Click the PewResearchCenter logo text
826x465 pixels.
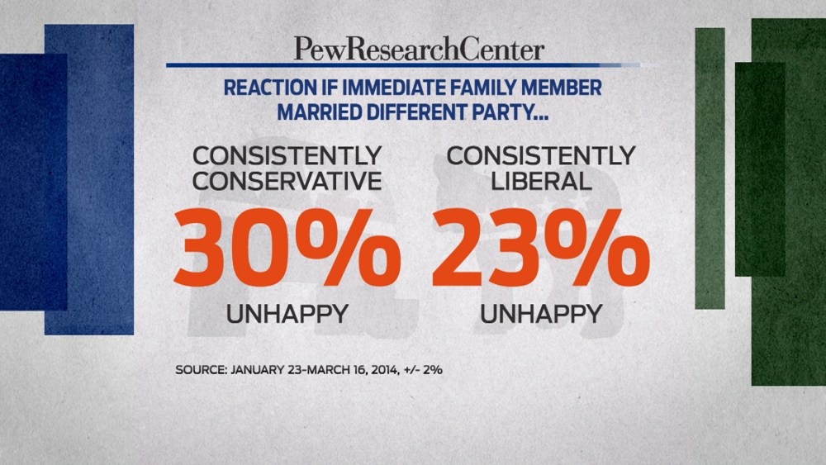[420, 50]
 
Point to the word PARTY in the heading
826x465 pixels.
[512, 111]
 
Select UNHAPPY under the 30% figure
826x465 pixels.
[287, 314]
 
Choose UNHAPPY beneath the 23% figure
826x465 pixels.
[541, 314]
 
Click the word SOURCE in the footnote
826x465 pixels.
[201, 370]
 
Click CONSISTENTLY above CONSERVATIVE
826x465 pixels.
[287, 155]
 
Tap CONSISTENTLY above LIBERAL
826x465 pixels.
[541, 155]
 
